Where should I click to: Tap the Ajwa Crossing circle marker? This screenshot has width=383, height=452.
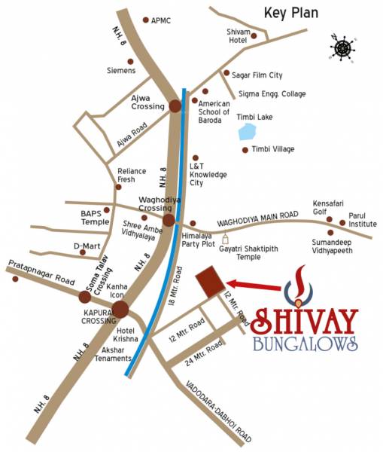[x=175, y=106]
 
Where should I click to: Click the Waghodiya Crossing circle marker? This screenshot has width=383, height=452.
[x=169, y=220]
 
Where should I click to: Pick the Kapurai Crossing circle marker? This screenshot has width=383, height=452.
[x=120, y=309]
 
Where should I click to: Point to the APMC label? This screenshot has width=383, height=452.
[x=160, y=20]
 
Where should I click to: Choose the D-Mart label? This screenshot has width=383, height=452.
[x=87, y=246]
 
